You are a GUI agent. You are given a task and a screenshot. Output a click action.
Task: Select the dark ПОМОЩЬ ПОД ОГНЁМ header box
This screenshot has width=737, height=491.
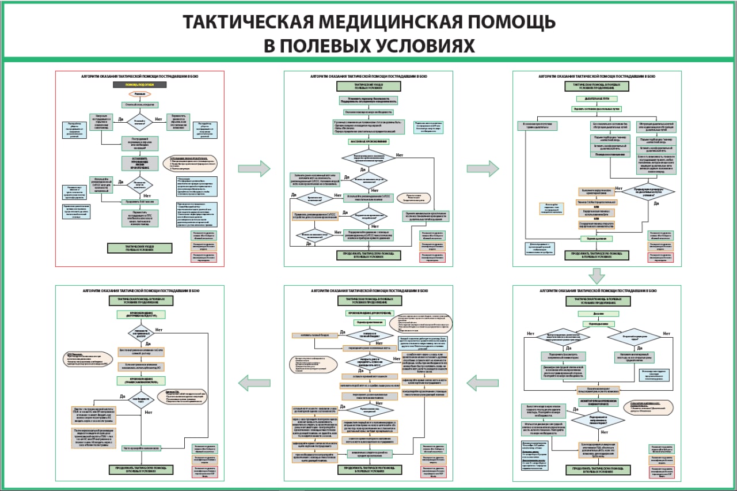[139, 85]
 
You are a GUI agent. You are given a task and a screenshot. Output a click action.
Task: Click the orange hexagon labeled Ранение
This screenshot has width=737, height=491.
[139, 94]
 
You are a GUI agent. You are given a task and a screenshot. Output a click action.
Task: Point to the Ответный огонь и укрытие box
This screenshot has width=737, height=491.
[139, 105]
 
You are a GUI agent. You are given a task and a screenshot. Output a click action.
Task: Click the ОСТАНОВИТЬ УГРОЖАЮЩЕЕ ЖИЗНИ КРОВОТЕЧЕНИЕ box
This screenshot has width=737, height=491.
[139, 163]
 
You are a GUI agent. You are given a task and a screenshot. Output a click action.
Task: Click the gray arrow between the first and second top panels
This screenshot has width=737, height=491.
[254, 168]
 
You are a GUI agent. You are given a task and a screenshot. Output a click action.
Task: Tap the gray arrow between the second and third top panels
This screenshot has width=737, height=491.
[482, 168]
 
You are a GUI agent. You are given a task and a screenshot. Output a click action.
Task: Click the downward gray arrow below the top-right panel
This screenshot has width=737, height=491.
[597, 276]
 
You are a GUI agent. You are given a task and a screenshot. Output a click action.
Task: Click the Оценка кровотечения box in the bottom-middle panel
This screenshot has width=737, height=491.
[368, 322]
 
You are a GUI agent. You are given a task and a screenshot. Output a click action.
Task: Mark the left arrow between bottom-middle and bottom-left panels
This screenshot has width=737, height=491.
[254, 382]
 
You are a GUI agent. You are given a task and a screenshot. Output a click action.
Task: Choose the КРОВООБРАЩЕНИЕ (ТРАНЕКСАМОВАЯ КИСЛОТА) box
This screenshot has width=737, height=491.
[141, 381]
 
